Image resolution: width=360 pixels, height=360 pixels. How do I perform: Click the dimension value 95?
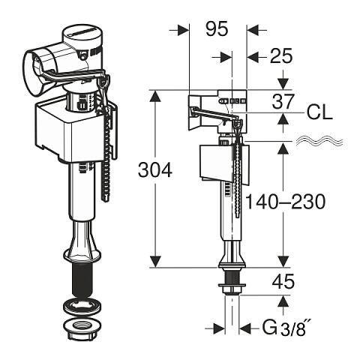(x=217, y=28)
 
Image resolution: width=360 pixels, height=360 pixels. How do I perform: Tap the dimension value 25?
(x=281, y=55)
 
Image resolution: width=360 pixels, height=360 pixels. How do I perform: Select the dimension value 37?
(x=283, y=101)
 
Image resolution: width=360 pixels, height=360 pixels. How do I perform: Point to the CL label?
(x=319, y=113)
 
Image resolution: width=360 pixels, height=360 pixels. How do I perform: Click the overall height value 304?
(x=155, y=169)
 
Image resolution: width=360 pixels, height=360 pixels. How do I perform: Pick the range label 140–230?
(x=286, y=202)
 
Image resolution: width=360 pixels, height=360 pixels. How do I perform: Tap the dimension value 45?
(x=283, y=281)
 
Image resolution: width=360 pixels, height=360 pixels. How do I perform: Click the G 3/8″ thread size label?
(x=284, y=328)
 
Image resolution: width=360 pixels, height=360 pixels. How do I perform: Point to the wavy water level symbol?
(x=319, y=141)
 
